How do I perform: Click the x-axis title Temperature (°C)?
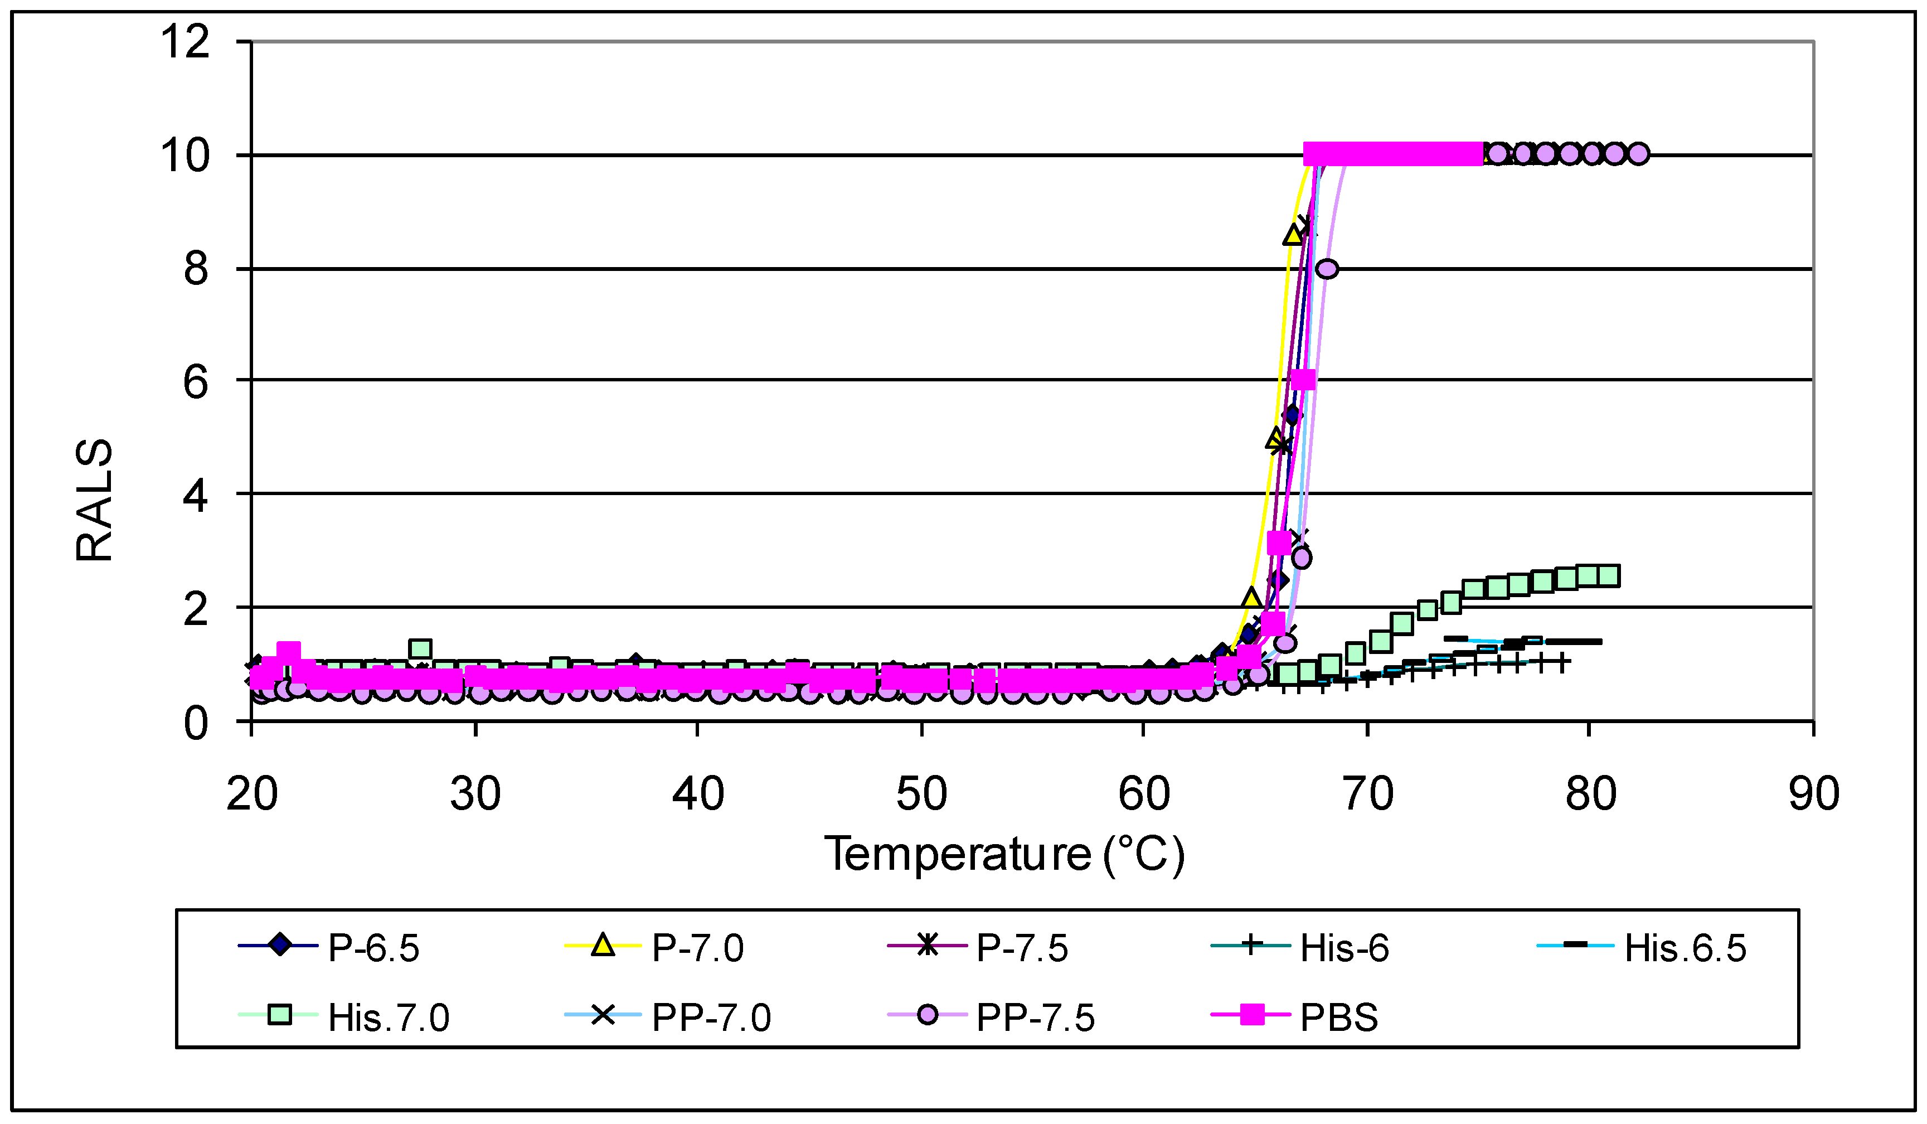[1004, 854]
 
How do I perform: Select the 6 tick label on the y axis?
[196, 381]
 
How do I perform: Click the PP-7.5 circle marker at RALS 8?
[1327, 268]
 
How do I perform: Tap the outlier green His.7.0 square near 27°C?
[420, 649]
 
